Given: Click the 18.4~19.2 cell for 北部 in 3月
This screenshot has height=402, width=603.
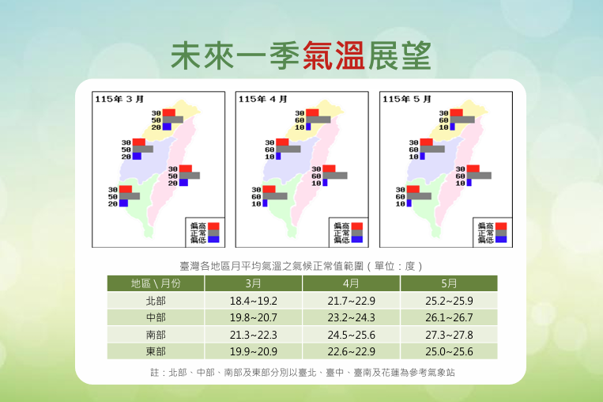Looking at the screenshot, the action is click(254, 301).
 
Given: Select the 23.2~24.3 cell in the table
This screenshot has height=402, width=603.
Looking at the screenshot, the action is click(351, 317).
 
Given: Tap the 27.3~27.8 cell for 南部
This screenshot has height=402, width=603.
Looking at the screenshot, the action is click(449, 335).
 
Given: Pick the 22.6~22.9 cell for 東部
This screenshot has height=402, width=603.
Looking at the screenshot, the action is click(351, 351).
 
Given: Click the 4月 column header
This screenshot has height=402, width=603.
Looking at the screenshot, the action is click(351, 283).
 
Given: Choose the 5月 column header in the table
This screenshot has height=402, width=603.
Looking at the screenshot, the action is click(449, 283).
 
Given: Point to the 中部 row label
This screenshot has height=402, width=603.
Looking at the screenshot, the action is click(156, 317).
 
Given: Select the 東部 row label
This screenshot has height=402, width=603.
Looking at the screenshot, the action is click(156, 351).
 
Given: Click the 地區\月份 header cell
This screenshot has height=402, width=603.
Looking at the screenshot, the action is click(156, 283).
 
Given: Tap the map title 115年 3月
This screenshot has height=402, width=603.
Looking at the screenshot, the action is click(119, 100).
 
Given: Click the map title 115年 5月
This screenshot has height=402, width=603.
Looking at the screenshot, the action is click(406, 100).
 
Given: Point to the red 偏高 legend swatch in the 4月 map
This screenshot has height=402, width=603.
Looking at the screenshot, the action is click(357, 226).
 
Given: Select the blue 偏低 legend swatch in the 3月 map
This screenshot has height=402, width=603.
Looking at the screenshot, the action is click(213, 240).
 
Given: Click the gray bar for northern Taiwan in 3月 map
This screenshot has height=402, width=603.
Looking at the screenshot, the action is click(172, 119).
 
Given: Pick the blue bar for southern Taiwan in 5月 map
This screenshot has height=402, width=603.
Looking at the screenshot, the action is click(409, 203).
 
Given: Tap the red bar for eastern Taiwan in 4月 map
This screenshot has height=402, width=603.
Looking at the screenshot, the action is click(329, 169).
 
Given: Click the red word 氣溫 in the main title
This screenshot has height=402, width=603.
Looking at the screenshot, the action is click(334, 56).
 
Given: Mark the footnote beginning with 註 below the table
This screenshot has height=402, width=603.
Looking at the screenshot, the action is click(302, 373).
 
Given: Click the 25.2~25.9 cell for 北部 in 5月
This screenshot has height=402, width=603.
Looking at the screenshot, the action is click(449, 301).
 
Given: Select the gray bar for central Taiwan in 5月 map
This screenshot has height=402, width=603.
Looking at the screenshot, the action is click(432, 149).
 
